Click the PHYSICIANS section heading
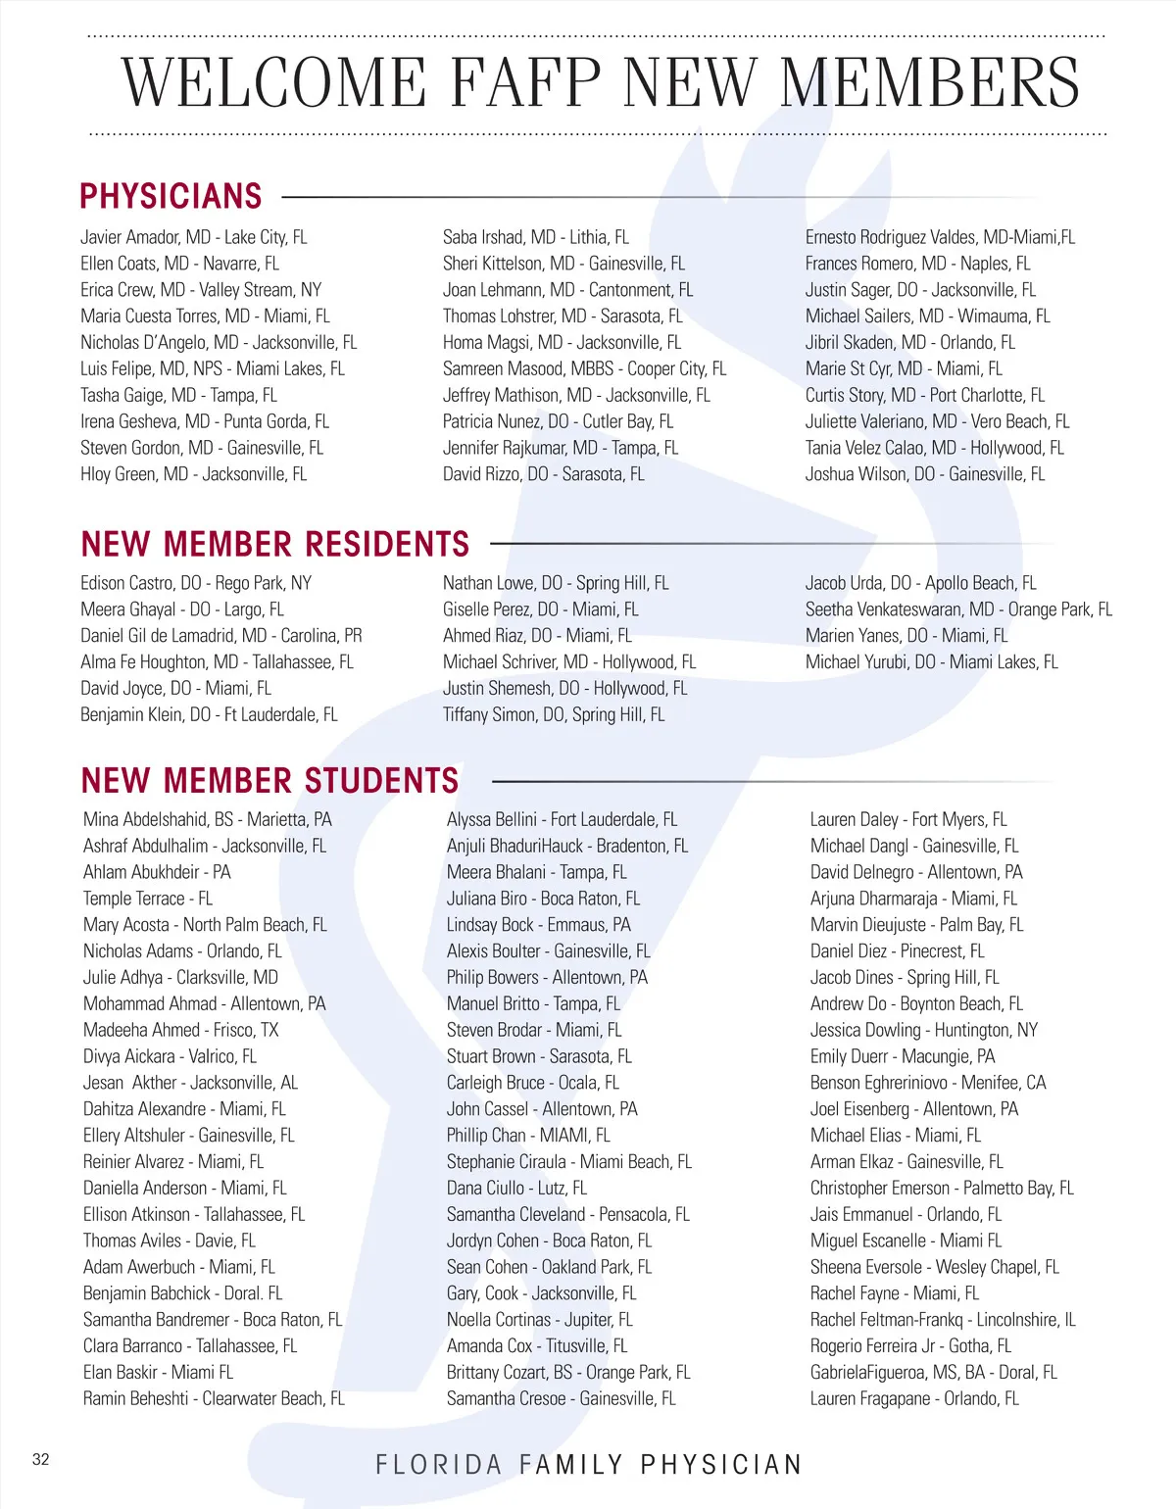coord(171,196)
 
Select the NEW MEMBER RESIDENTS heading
coord(275,544)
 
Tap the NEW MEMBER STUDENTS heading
coord(270,781)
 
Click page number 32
coord(40,1459)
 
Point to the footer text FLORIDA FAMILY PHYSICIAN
coord(589,1465)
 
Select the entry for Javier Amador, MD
coord(194,237)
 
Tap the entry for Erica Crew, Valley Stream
coord(201,290)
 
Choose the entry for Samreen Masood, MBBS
coord(584,369)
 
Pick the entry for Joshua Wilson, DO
coord(925,474)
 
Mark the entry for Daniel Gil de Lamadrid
coord(221,636)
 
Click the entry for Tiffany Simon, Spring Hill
coord(554,715)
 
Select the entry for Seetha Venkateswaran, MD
coord(958,609)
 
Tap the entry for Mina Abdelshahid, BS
coord(208,820)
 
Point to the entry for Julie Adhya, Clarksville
coord(181,978)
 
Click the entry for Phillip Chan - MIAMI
coord(528,1136)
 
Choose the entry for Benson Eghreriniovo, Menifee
coord(928,1083)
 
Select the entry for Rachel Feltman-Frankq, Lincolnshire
coord(943,1320)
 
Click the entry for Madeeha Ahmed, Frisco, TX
coord(181,1031)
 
